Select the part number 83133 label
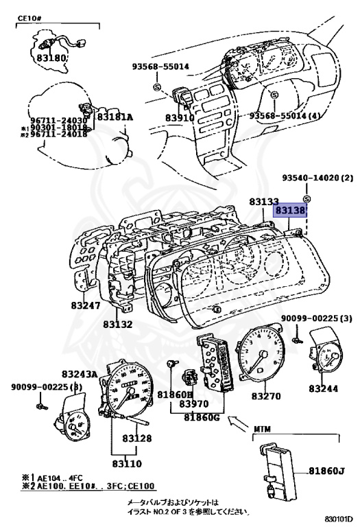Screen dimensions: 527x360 click(x=264, y=202)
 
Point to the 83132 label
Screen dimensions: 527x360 click(x=118, y=323)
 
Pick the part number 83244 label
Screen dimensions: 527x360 click(x=324, y=388)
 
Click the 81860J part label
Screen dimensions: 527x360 click(x=326, y=470)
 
